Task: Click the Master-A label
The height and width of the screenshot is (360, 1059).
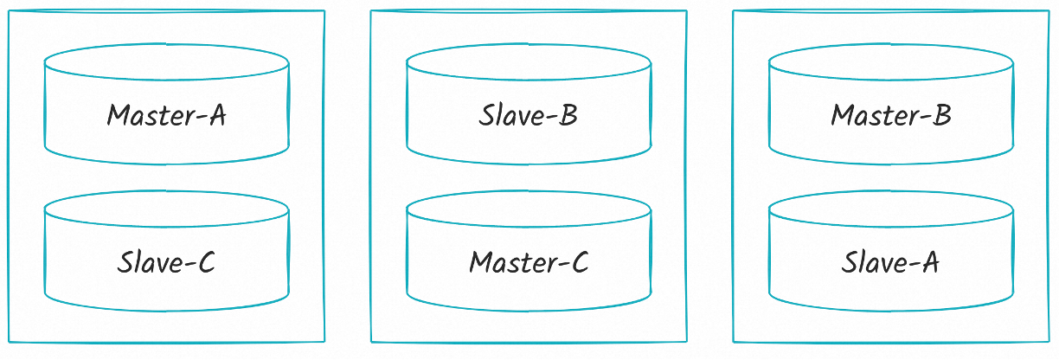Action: tap(166, 115)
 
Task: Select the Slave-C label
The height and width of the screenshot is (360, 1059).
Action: tap(166, 262)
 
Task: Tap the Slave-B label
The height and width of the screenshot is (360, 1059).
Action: tap(528, 115)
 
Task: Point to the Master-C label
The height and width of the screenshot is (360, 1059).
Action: tap(528, 262)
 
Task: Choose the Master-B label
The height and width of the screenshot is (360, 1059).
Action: tap(890, 115)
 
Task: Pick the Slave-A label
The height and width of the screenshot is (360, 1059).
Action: tap(890, 262)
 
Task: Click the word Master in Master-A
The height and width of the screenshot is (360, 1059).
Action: tap(146, 115)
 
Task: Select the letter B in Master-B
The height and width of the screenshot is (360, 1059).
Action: tap(941, 115)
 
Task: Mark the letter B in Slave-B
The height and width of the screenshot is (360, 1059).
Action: tap(568, 115)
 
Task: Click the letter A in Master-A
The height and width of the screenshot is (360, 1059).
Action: tap(216, 115)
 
